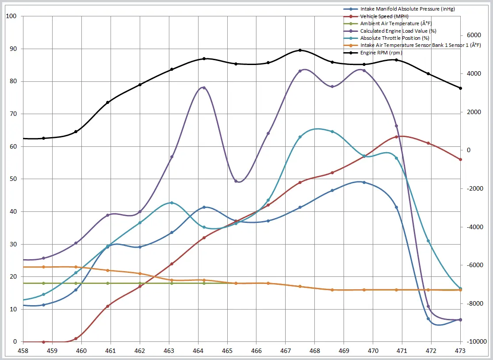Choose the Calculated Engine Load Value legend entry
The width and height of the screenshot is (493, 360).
pyautogui.click(x=398, y=31)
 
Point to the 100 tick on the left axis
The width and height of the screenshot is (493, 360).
pyautogui.click(x=11, y=16)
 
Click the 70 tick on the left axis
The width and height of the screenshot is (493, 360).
pyautogui.click(x=11, y=114)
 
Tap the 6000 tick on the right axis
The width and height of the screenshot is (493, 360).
pyautogui.click(x=474, y=35)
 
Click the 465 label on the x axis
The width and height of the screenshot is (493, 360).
pyautogui.click(x=227, y=351)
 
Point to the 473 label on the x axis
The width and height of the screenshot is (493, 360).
pyautogui.click(x=460, y=351)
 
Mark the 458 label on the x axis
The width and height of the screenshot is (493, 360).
pyautogui.click(x=23, y=351)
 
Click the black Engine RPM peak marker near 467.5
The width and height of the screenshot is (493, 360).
pyautogui.click(x=300, y=50)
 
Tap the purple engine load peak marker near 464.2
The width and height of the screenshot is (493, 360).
pyautogui.click(x=204, y=88)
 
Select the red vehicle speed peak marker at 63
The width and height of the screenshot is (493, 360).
pyautogui.click(x=396, y=137)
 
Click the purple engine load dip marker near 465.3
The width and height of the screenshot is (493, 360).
pyautogui.click(x=236, y=181)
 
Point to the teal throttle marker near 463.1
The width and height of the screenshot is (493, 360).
pyautogui.click(x=172, y=203)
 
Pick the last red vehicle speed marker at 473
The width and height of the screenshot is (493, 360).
pyautogui.click(x=460, y=160)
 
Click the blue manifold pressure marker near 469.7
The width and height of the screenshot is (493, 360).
pyautogui.click(x=364, y=182)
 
